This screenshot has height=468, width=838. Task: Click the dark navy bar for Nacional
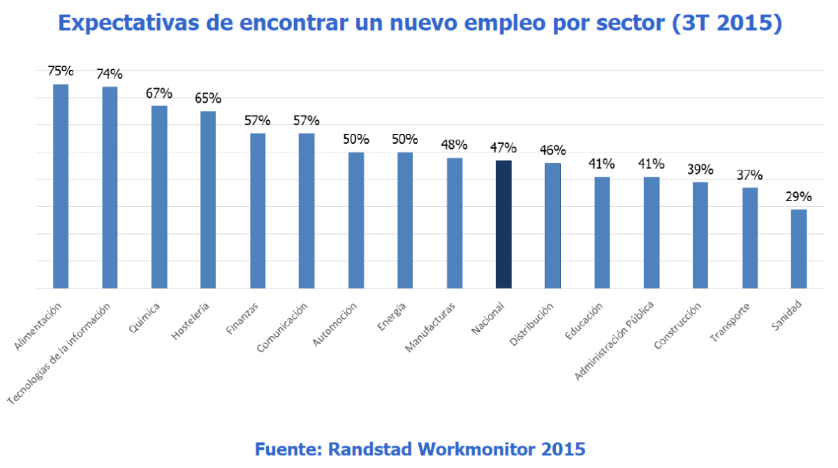(503, 224)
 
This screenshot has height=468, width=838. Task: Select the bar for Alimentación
(61, 186)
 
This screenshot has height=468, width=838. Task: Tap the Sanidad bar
(799, 249)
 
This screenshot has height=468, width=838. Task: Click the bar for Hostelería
(208, 200)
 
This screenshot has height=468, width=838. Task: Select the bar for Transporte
(750, 237)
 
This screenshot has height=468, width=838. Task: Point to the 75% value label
(61, 71)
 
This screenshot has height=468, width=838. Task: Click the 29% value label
(799, 197)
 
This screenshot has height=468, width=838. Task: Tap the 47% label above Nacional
(503, 147)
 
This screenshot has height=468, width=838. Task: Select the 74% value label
(110, 74)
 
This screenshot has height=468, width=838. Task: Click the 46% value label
(552, 150)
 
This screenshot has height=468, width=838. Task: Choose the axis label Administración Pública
(615, 341)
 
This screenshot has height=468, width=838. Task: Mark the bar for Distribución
(552, 226)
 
